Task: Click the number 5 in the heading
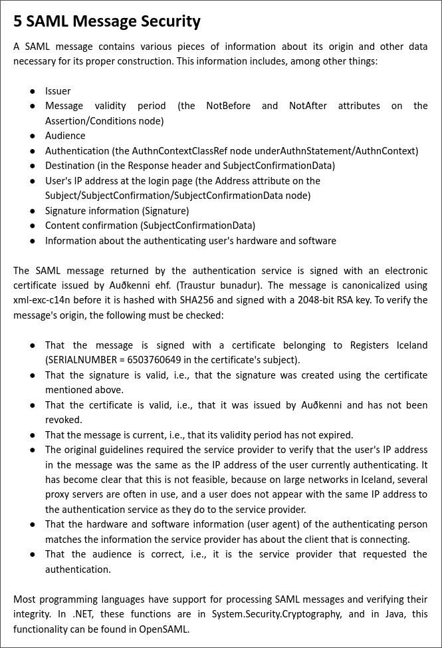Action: tap(18, 21)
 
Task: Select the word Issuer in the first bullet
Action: tap(58, 91)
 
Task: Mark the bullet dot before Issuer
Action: tap(33, 91)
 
